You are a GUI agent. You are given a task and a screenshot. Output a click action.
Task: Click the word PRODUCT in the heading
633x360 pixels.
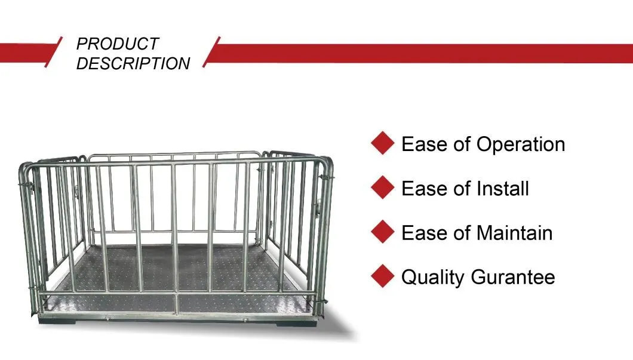pos(118,44)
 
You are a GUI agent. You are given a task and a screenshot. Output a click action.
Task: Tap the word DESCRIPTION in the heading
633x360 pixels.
pos(133,63)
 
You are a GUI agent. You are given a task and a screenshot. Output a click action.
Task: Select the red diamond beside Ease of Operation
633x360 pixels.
pos(382,143)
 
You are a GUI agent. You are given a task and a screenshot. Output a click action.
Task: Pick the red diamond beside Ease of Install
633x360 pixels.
pos(382,187)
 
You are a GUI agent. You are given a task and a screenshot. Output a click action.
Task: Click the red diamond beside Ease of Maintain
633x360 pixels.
pos(382,232)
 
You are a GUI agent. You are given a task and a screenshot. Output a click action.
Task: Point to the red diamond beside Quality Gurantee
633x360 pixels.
pos(382,276)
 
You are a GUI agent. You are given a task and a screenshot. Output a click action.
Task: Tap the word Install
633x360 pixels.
pos(503,189)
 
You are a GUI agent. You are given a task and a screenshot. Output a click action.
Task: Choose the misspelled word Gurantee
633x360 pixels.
pos(513,277)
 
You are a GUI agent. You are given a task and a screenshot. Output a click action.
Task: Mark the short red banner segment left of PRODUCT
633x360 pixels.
pos(27,53)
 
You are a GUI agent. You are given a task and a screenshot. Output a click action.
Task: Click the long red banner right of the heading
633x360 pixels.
pos(420,53)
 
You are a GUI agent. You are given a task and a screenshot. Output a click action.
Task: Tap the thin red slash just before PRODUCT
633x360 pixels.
pos(53,52)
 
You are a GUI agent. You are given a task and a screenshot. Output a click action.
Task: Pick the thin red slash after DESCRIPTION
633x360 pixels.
pos(211,52)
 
